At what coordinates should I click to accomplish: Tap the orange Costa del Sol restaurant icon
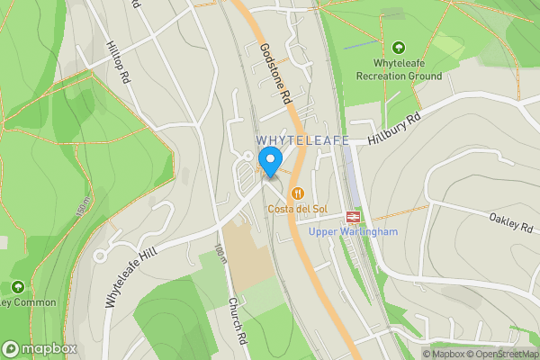(x=296, y=193)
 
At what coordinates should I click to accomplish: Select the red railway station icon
(x=352, y=216)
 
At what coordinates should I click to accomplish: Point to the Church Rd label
(x=237, y=320)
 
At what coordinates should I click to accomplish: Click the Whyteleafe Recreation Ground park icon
(x=399, y=47)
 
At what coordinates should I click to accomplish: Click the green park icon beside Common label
(x=17, y=287)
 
